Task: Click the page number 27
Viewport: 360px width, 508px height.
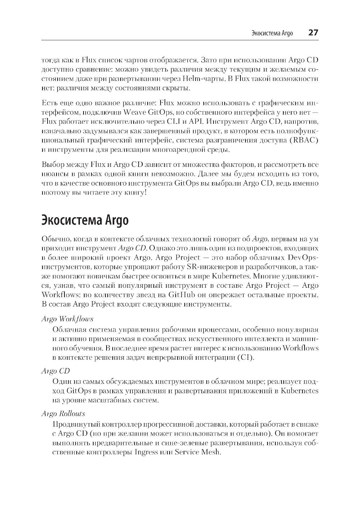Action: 313,33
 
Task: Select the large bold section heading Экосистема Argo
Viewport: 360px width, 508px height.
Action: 85,220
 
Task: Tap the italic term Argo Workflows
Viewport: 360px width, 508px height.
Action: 67,319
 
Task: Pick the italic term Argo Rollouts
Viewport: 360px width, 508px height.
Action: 63,414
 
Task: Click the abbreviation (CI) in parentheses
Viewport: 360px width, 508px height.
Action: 245,358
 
